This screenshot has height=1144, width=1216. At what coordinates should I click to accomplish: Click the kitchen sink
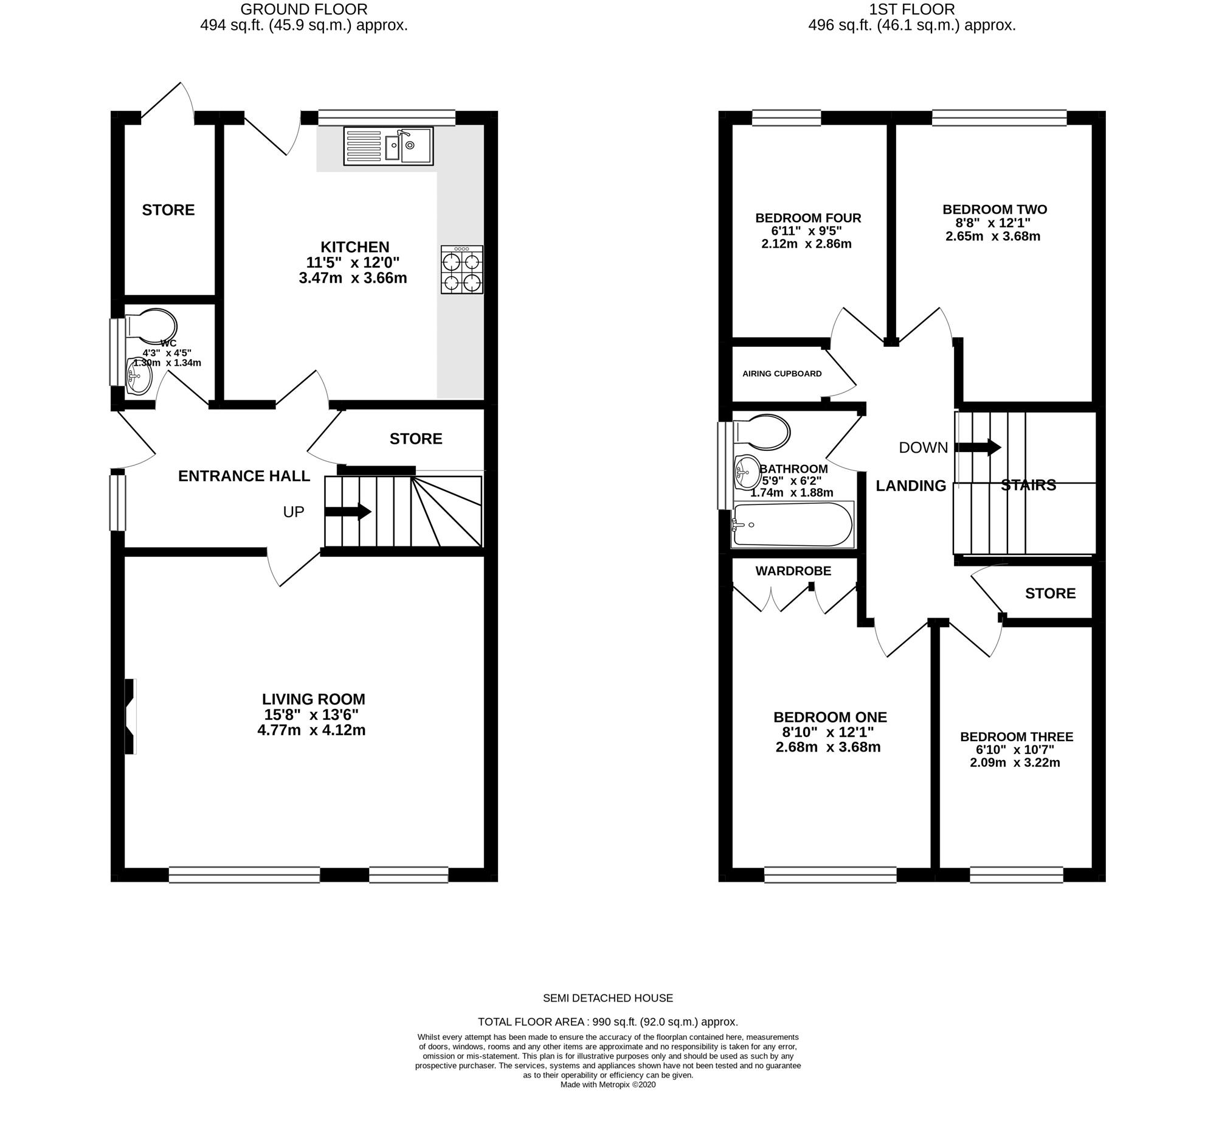(388, 145)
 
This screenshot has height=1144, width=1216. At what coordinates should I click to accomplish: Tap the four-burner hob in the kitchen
(462, 270)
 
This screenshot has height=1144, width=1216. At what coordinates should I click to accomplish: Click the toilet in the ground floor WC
(150, 326)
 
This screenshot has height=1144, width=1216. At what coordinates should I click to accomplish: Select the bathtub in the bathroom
(793, 525)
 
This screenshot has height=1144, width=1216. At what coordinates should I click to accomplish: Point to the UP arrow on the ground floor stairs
(347, 511)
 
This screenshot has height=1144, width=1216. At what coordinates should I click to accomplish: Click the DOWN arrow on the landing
(978, 447)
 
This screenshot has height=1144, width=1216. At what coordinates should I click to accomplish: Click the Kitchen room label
(355, 246)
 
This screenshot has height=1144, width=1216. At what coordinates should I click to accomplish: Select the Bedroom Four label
(808, 218)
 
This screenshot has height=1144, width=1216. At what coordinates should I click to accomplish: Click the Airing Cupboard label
(782, 374)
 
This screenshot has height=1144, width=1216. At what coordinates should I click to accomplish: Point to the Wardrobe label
(793, 571)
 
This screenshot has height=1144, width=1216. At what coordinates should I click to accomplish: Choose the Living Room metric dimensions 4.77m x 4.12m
(311, 730)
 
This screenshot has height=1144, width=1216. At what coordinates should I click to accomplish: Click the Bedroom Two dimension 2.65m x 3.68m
(993, 236)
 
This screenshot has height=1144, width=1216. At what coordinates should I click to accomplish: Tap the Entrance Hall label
(244, 476)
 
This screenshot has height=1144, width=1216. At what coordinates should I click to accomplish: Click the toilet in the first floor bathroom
(761, 432)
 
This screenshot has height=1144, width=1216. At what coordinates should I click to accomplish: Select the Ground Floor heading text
(304, 9)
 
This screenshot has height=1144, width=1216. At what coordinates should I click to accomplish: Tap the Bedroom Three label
(1016, 737)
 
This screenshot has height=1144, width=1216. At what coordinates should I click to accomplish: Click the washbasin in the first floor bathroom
(747, 473)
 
